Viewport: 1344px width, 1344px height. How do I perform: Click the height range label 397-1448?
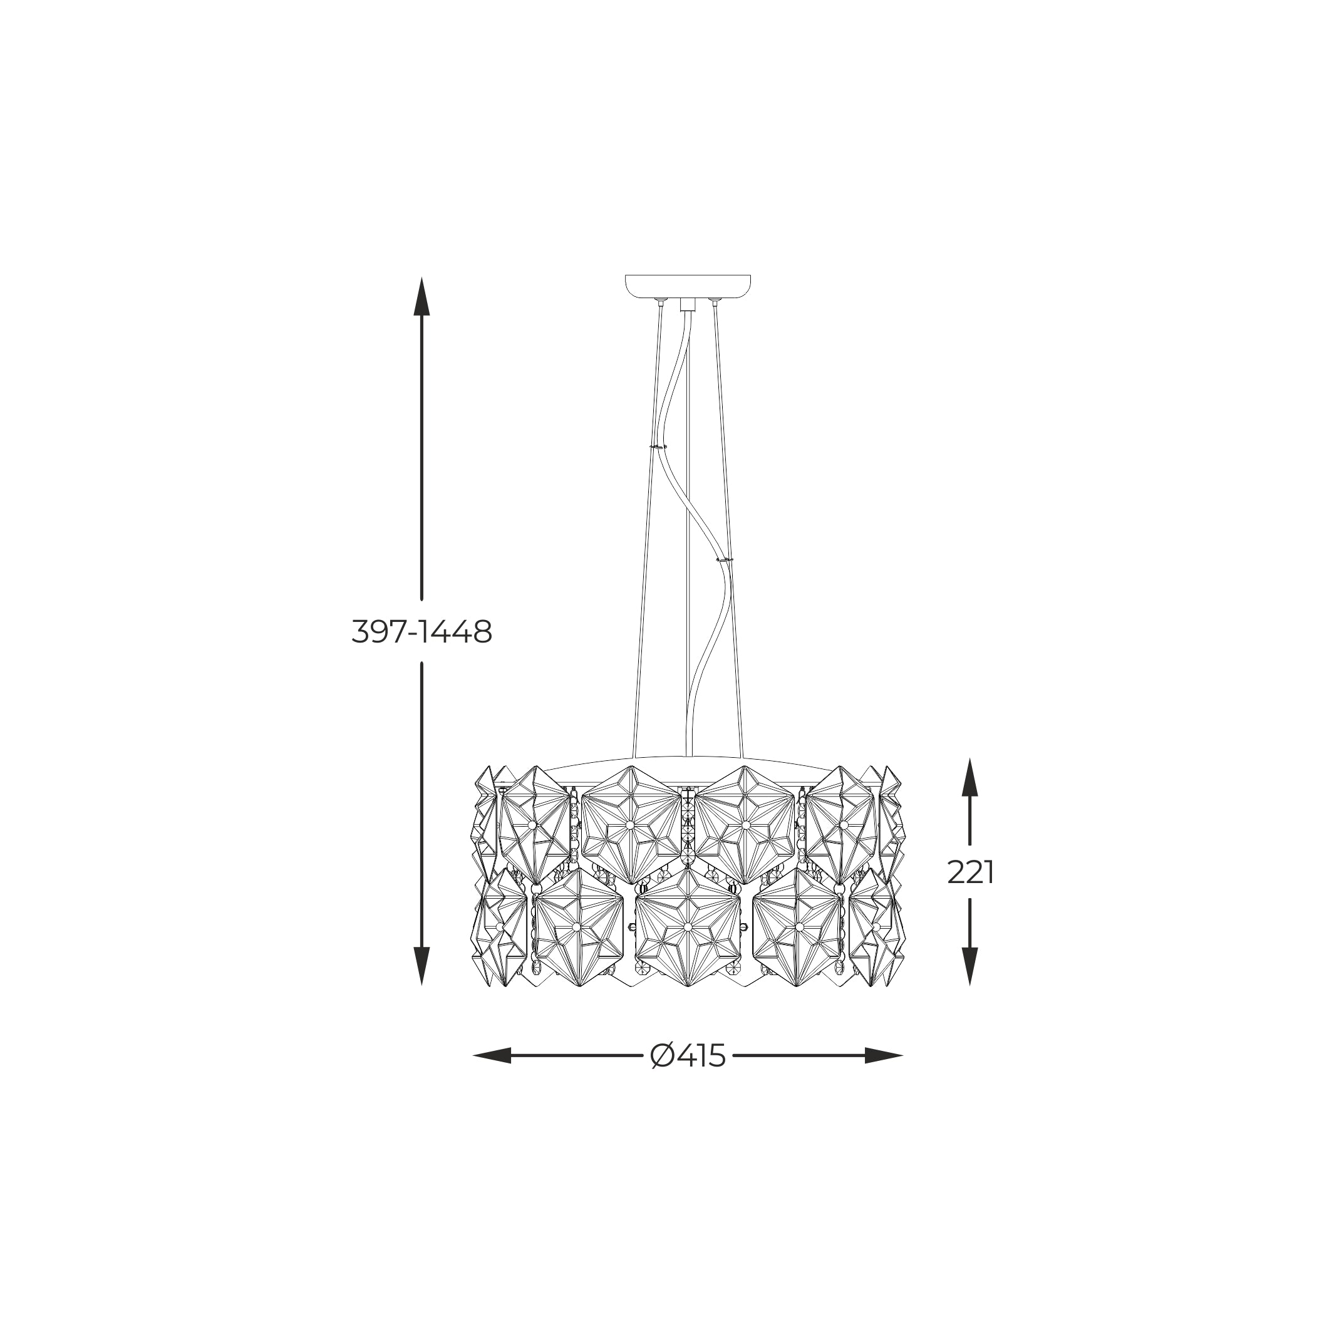click(421, 632)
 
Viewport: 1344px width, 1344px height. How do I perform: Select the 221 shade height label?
click(971, 872)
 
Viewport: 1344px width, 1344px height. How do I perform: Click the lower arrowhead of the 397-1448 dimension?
click(421, 966)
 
